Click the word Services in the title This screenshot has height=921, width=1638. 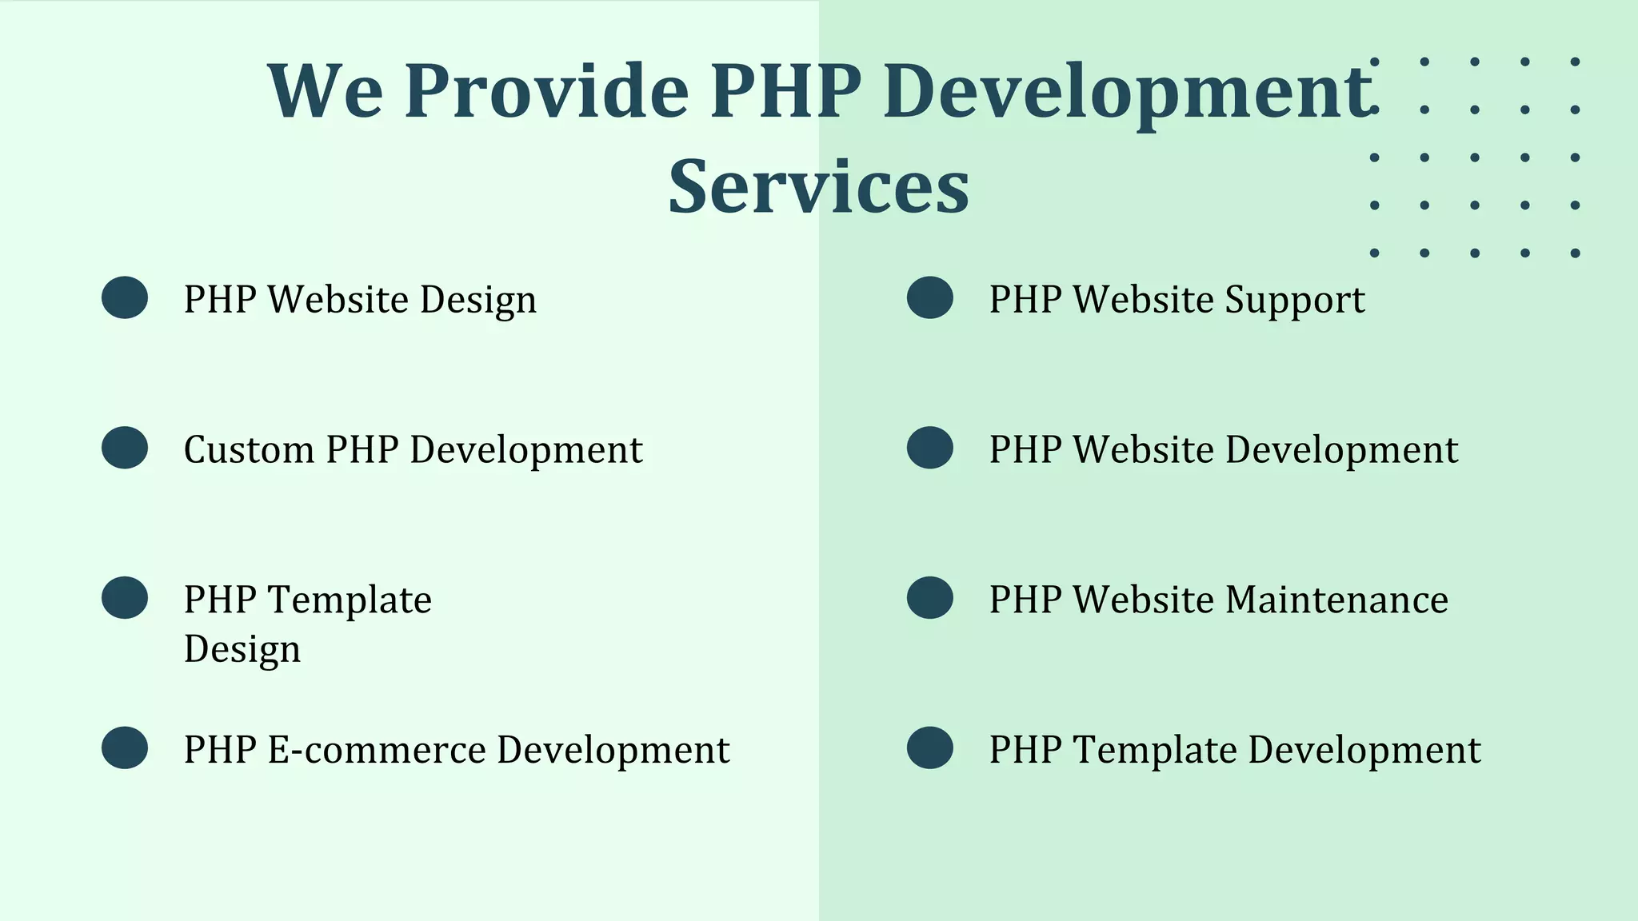(818, 187)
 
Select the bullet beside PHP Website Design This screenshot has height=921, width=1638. (125, 298)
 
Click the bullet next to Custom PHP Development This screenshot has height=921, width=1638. (125, 448)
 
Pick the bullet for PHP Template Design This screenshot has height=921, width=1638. (125, 598)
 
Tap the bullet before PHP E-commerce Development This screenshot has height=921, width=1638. (125, 748)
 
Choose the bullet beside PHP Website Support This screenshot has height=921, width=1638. (930, 298)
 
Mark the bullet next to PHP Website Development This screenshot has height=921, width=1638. (930, 448)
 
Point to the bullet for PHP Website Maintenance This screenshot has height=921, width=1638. (930, 598)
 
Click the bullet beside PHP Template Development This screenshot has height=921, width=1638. (930, 748)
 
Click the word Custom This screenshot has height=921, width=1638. (248, 449)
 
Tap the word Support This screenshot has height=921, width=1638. (1295, 301)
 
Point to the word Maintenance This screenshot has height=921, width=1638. (1336, 600)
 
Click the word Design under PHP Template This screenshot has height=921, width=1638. (242, 649)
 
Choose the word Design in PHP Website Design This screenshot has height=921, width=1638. (478, 301)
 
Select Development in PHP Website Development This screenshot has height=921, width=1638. (1341, 450)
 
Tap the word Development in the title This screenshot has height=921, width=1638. (1128, 92)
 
